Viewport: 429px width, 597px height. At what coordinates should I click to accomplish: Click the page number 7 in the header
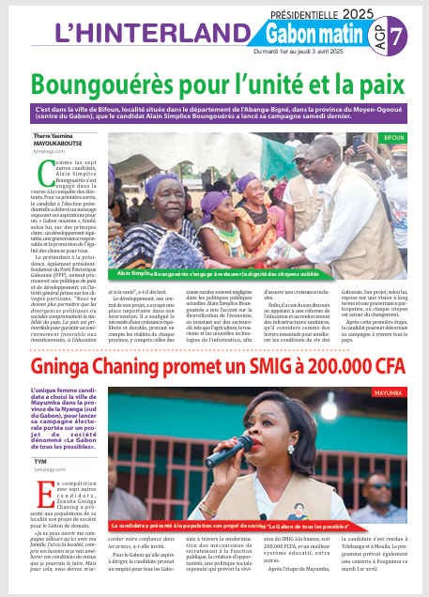coord(398,35)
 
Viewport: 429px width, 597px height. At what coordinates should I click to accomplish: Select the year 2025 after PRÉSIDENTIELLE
coord(356,15)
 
